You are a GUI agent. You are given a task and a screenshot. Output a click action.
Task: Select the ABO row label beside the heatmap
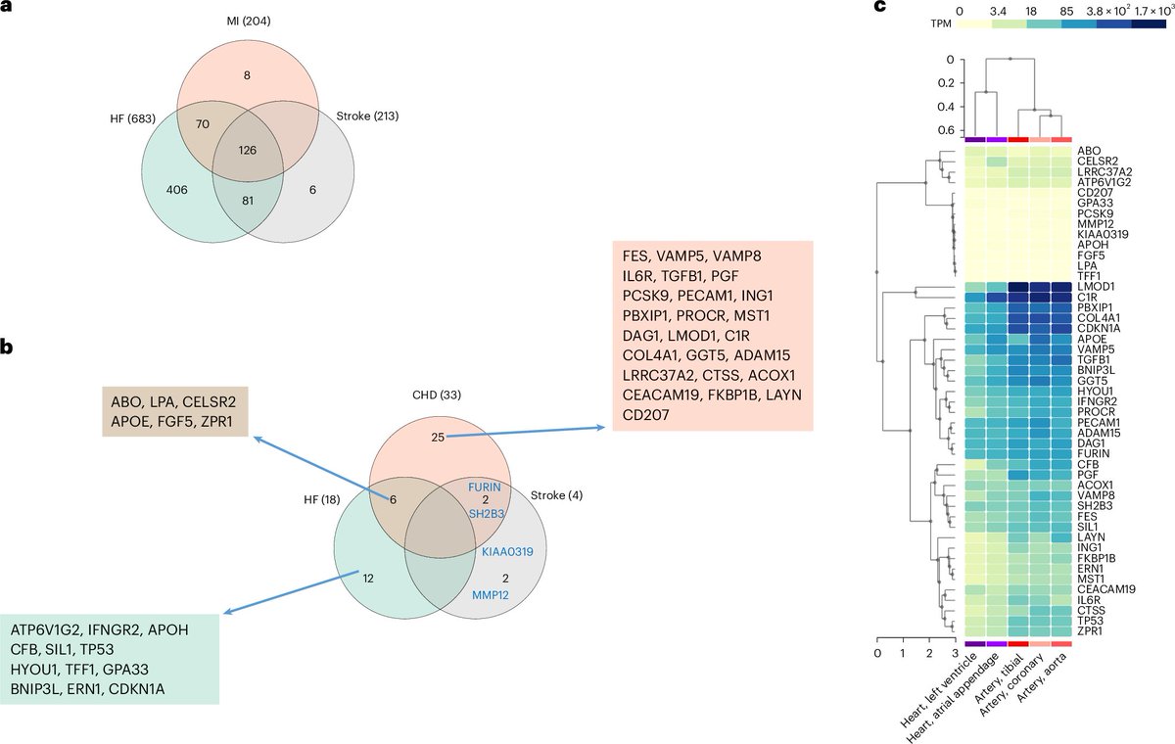[1087, 152]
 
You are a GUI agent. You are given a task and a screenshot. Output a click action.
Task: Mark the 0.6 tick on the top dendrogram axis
[942, 129]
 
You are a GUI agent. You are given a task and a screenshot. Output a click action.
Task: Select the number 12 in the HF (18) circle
[368, 578]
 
